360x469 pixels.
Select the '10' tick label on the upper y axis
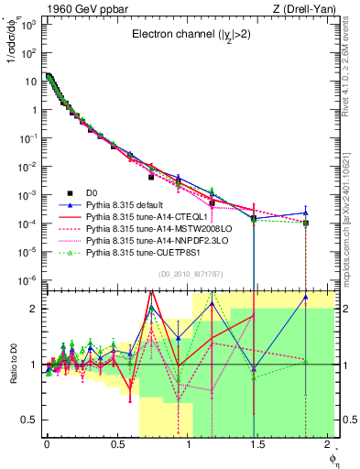31,80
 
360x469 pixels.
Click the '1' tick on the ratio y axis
35,365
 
